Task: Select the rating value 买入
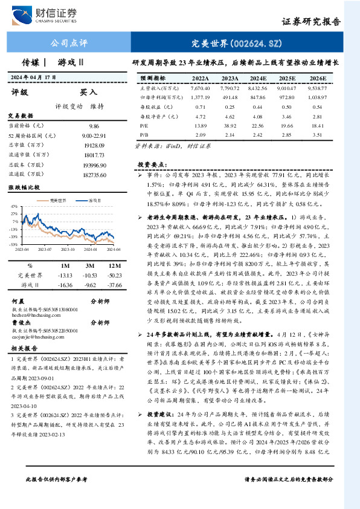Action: click(x=88, y=92)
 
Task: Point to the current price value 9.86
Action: click(x=94, y=125)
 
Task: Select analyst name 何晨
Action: click(x=19, y=300)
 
